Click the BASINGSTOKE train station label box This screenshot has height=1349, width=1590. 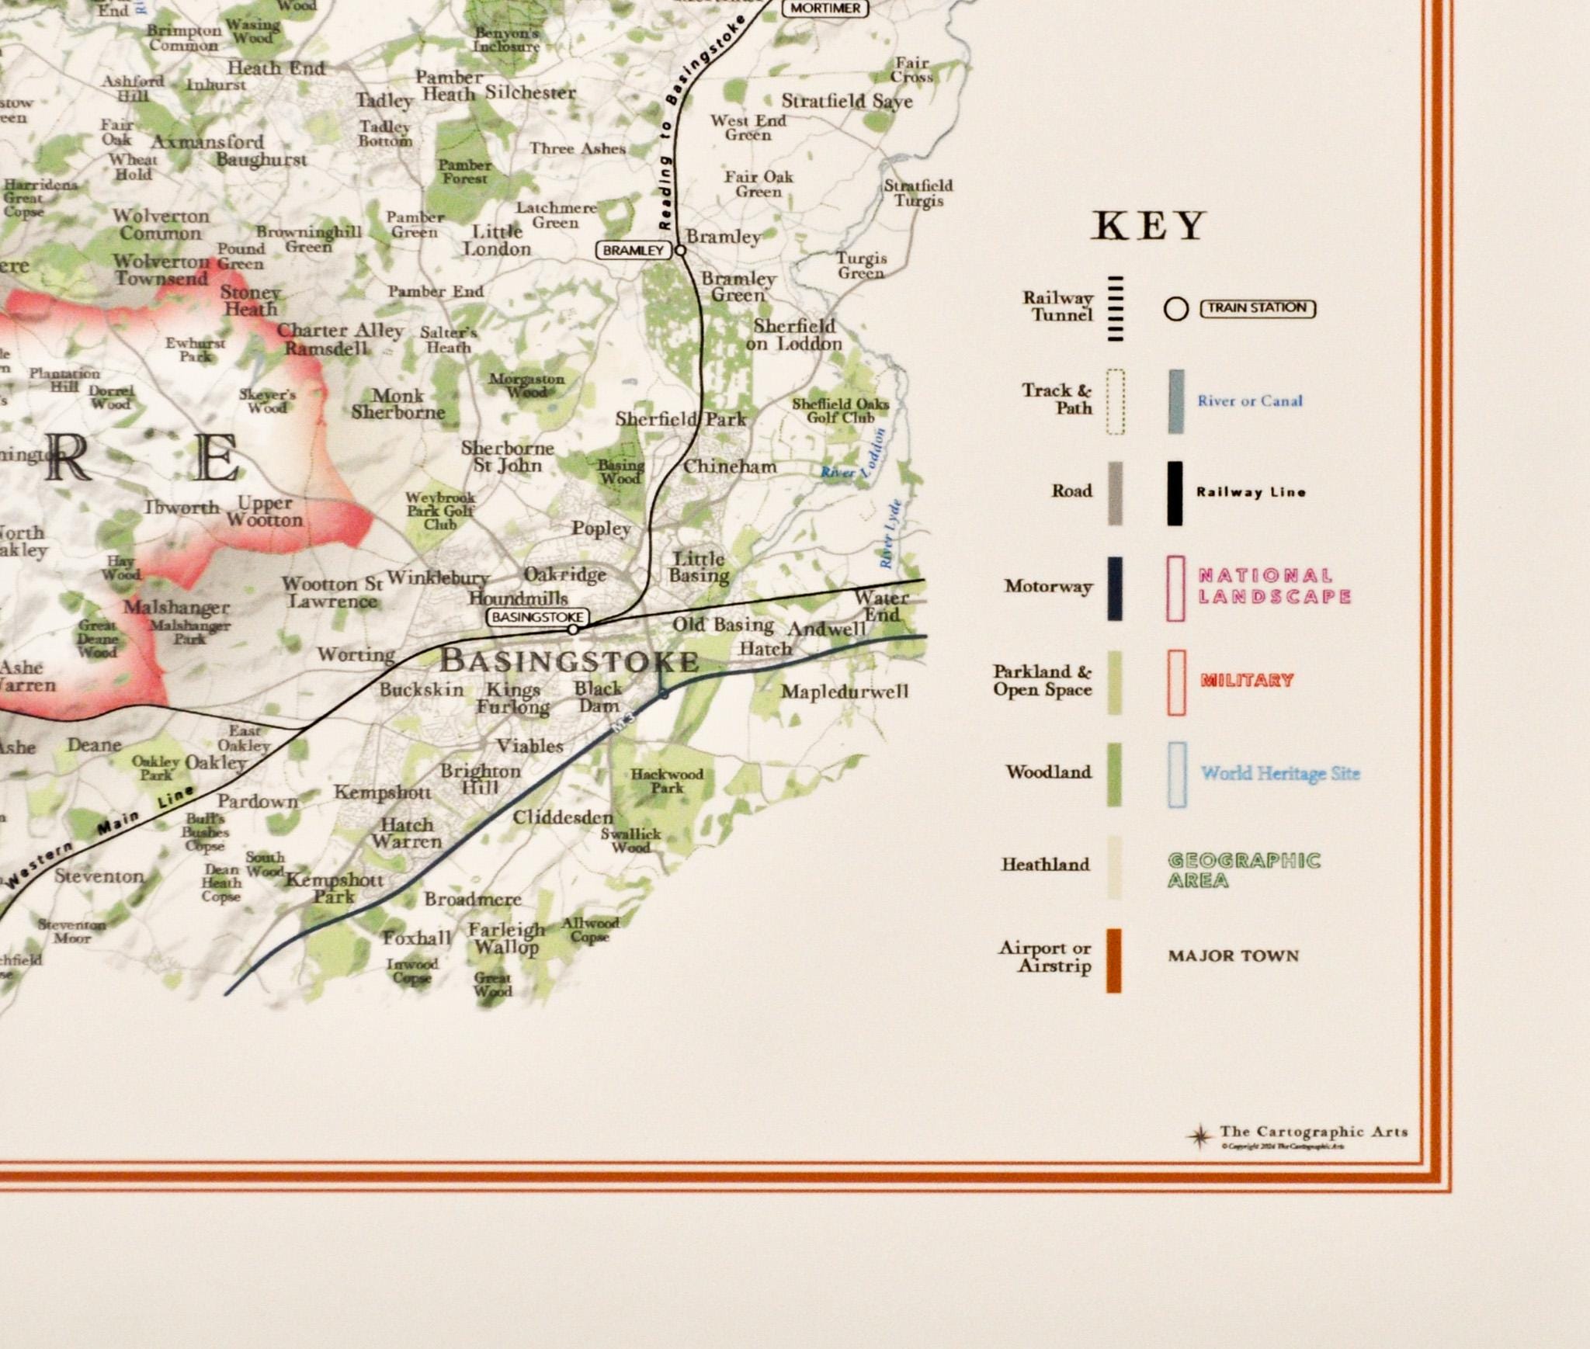click(x=536, y=617)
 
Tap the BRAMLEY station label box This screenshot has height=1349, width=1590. click(x=633, y=250)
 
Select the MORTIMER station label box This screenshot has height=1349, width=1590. click(x=825, y=9)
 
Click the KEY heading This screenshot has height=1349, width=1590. click(x=1148, y=227)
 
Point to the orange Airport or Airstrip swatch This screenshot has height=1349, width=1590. click(x=1113, y=960)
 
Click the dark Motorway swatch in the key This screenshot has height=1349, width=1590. click(x=1114, y=588)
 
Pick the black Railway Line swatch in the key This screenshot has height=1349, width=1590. click(x=1175, y=493)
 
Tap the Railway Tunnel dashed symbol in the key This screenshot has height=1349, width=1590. click(x=1116, y=308)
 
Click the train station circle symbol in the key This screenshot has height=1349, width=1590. click(x=1175, y=310)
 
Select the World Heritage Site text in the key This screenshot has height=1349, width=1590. click(x=1280, y=773)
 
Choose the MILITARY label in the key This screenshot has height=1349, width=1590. click(x=1247, y=681)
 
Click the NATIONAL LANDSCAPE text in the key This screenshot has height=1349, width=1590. click(x=1274, y=586)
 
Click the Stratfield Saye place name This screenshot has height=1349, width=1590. click(x=847, y=102)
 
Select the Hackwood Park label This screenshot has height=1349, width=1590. click(x=667, y=781)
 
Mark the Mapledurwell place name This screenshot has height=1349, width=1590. click(x=844, y=692)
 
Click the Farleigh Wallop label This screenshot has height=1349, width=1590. click(x=507, y=938)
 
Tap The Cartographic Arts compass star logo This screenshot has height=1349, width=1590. click(x=1199, y=1136)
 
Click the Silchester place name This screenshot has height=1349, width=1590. click(x=530, y=92)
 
